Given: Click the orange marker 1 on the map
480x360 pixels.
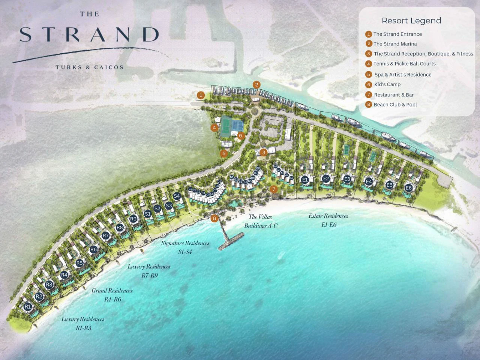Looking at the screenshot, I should click(x=201, y=95).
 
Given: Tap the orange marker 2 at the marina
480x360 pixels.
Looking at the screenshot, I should click(x=256, y=85).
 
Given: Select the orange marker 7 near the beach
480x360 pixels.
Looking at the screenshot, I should click(x=274, y=189).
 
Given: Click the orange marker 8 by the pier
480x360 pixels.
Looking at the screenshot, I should click(x=214, y=218).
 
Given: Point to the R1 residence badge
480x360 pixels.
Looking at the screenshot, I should click(x=28, y=307).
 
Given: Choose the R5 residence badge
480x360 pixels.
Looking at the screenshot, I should click(x=79, y=263).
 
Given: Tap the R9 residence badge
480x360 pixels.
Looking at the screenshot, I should click(x=133, y=219).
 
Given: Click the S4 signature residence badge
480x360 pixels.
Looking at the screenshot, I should click(x=177, y=196).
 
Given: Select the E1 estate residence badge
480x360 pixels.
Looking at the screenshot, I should click(x=305, y=180).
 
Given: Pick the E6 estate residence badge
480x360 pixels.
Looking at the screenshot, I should click(x=408, y=188).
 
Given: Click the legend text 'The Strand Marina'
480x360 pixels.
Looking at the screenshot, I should click(x=395, y=44).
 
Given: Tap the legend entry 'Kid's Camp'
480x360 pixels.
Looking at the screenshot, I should click(x=387, y=85).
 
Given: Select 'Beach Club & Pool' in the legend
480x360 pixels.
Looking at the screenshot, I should click(x=395, y=105).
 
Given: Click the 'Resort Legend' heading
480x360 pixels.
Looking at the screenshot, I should click(x=411, y=21).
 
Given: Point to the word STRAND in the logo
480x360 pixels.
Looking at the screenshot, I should click(x=89, y=34).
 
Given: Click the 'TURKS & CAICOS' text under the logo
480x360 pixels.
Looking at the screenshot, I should click(x=89, y=67).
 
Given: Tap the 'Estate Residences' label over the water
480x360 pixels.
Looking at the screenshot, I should click(x=328, y=216).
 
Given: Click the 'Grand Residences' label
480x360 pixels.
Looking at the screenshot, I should click(x=112, y=291).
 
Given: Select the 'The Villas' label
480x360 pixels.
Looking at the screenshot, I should click(x=260, y=217).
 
